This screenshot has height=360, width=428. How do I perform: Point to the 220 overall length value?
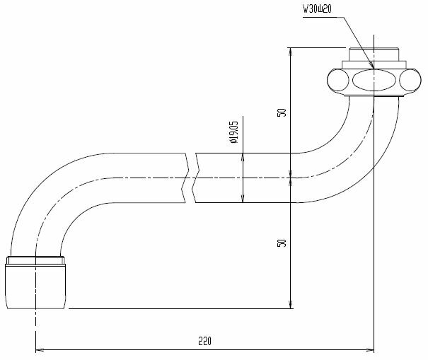(x=205, y=341)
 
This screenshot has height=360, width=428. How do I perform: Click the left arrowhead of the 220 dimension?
(x=40, y=349)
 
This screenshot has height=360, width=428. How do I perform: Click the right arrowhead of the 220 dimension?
(x=369, y=349)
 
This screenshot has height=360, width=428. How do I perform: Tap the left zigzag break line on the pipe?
(x=187, y=178)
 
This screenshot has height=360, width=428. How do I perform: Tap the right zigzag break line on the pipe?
(x=197, y=178)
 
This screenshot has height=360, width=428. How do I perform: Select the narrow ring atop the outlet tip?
(x=36, y=260)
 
